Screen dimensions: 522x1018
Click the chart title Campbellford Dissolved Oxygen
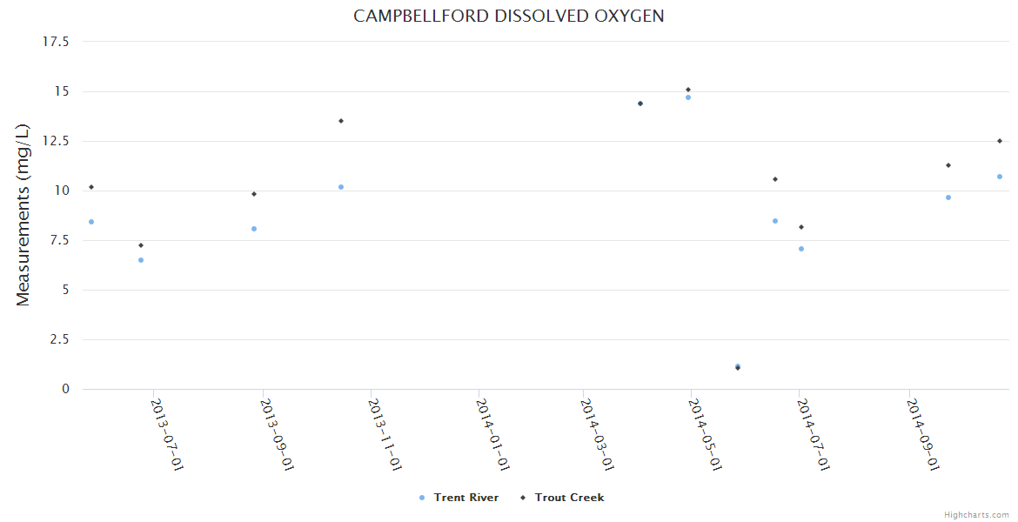(x=508, y=17)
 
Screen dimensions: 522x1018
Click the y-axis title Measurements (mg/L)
(x=23, y=215)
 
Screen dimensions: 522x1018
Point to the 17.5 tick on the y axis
(x=56, y=42)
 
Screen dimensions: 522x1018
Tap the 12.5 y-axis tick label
(x=56, y=141)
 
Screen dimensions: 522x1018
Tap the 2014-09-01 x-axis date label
(x=922, y=434)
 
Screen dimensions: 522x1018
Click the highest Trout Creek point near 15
(x=688, y=90)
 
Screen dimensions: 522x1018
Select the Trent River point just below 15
(x=688, y=97)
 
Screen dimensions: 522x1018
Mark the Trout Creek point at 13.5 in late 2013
(x=341, y=121)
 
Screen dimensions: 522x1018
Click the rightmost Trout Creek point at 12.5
(x=1000, y=141)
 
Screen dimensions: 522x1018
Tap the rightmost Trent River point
(x=1000, y=177)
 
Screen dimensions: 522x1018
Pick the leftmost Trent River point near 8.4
(x=91, y=222)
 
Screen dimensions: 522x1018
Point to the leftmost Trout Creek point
(x=91, y=187)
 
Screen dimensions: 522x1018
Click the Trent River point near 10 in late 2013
(x=341, y=187)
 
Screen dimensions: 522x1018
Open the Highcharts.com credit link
(x=976, y=515)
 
